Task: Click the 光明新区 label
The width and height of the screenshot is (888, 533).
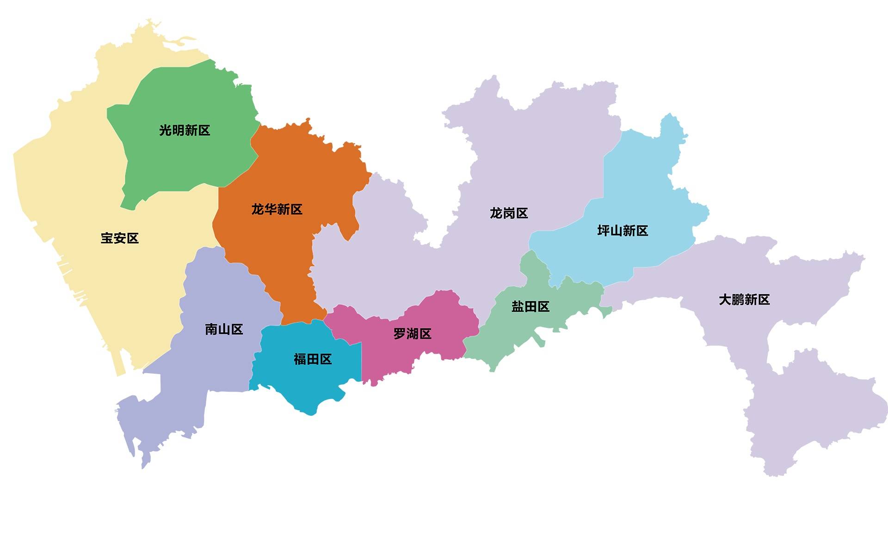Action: click(185, 130)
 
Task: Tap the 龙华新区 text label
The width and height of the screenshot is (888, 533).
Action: click(277, 209)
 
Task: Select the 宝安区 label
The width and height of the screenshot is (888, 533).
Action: click(120, 238)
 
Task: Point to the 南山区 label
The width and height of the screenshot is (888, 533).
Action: click(224, 329)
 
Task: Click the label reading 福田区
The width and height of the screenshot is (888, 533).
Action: click(313, 359)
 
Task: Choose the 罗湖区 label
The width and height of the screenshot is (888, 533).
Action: click(412, 333)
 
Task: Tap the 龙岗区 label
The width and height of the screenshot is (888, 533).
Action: click(509, 213)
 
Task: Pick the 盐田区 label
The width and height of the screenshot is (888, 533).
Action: click(530, 307)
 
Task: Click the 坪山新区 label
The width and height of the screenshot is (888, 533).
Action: click(623, 230)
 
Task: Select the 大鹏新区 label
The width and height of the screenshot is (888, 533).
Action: click(744, 300)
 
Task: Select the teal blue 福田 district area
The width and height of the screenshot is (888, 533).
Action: click(305, 383)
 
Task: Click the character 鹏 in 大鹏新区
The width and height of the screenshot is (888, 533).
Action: click(738, 300)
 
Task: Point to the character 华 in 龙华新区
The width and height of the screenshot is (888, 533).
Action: click(270, 209)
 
